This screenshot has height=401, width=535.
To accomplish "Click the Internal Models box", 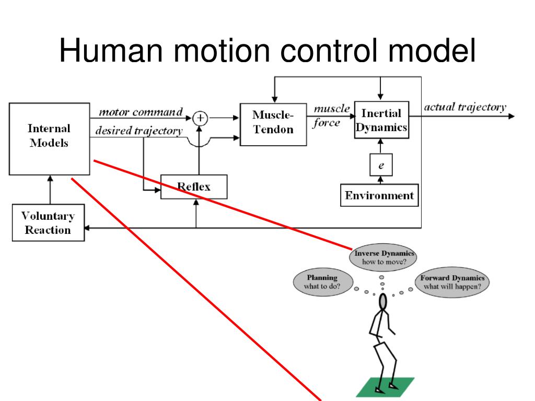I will point(49,138).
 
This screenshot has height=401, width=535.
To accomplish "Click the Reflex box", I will point(194,187).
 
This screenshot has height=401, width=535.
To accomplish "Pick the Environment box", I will point(380,196).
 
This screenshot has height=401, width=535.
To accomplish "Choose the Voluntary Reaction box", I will point(48,223).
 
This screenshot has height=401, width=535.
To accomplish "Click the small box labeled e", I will point(381,165).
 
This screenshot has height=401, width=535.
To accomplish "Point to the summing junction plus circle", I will point(200,119).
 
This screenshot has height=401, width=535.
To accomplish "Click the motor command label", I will point(141,112).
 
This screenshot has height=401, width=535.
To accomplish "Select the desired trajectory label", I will point(138,131).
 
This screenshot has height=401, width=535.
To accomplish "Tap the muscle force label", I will point(331,116).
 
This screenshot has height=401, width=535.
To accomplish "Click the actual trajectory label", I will point(464,108).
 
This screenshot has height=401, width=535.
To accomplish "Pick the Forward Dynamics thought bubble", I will point(452,282).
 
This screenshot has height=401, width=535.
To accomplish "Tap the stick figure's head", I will point(383,302).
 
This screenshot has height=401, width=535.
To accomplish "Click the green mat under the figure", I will point(386,387).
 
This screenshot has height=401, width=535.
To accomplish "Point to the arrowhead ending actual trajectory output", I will point(511,116).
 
